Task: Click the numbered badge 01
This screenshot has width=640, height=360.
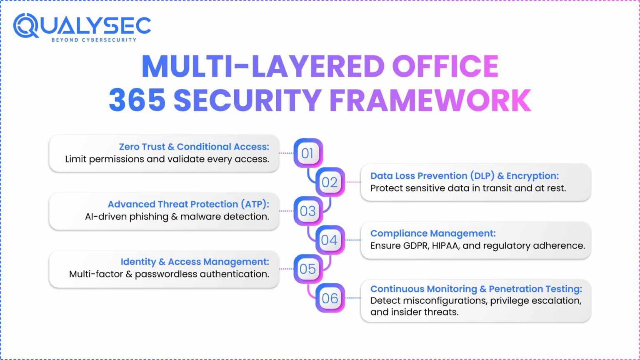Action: pos(308,153)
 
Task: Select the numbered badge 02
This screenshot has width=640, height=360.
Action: pos(330,182)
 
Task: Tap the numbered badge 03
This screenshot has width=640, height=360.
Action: pos(308,211)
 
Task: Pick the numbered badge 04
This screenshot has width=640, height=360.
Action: pos(330,240)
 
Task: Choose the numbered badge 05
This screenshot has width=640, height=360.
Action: pos(308,269)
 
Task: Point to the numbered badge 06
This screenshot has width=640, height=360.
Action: pos(330,298)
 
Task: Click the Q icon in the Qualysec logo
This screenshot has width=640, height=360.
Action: pos(26,26)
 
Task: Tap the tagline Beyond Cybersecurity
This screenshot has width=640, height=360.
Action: pos(94,40)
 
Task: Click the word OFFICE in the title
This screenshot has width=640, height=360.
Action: pos(445,66)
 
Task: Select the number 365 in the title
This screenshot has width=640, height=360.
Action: pos(137,100)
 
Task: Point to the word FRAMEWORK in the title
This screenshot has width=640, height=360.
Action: pos(430,100)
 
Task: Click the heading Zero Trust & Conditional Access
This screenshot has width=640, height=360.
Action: pos(194,147)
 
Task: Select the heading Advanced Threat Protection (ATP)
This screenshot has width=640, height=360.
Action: pos(188,204)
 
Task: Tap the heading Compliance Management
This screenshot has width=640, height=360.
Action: pos(433,233)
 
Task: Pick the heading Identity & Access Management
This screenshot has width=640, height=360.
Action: pos(195,262)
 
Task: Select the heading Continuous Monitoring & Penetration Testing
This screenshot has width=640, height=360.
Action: pos(476,289)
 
